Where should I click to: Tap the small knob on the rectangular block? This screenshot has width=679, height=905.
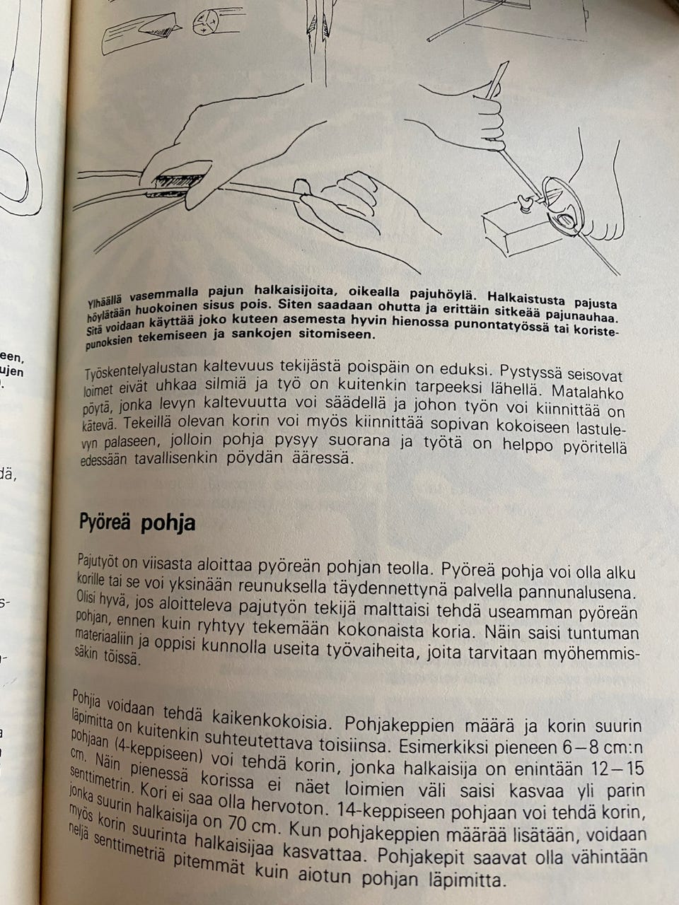pos(525,204)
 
